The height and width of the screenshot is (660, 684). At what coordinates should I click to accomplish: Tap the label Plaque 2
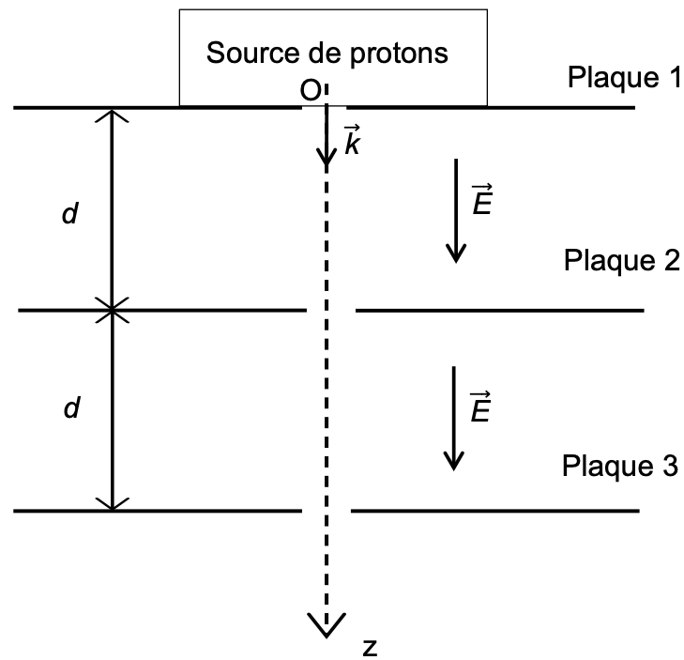pos(621,261)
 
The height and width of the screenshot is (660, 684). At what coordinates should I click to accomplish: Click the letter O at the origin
pos(310,90)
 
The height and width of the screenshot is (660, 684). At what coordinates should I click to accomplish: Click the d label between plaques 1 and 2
pos(70,214)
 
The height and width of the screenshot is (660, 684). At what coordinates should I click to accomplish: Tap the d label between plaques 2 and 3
pos(70,408)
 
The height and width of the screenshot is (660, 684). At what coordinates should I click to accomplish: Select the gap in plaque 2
pos(330,310)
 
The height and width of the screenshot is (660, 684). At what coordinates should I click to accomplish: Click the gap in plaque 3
pos(326,512)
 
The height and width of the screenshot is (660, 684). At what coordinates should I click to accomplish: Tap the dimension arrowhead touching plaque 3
pos(113,503)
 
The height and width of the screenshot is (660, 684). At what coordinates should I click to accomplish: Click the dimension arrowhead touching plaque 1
pos(113,116)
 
